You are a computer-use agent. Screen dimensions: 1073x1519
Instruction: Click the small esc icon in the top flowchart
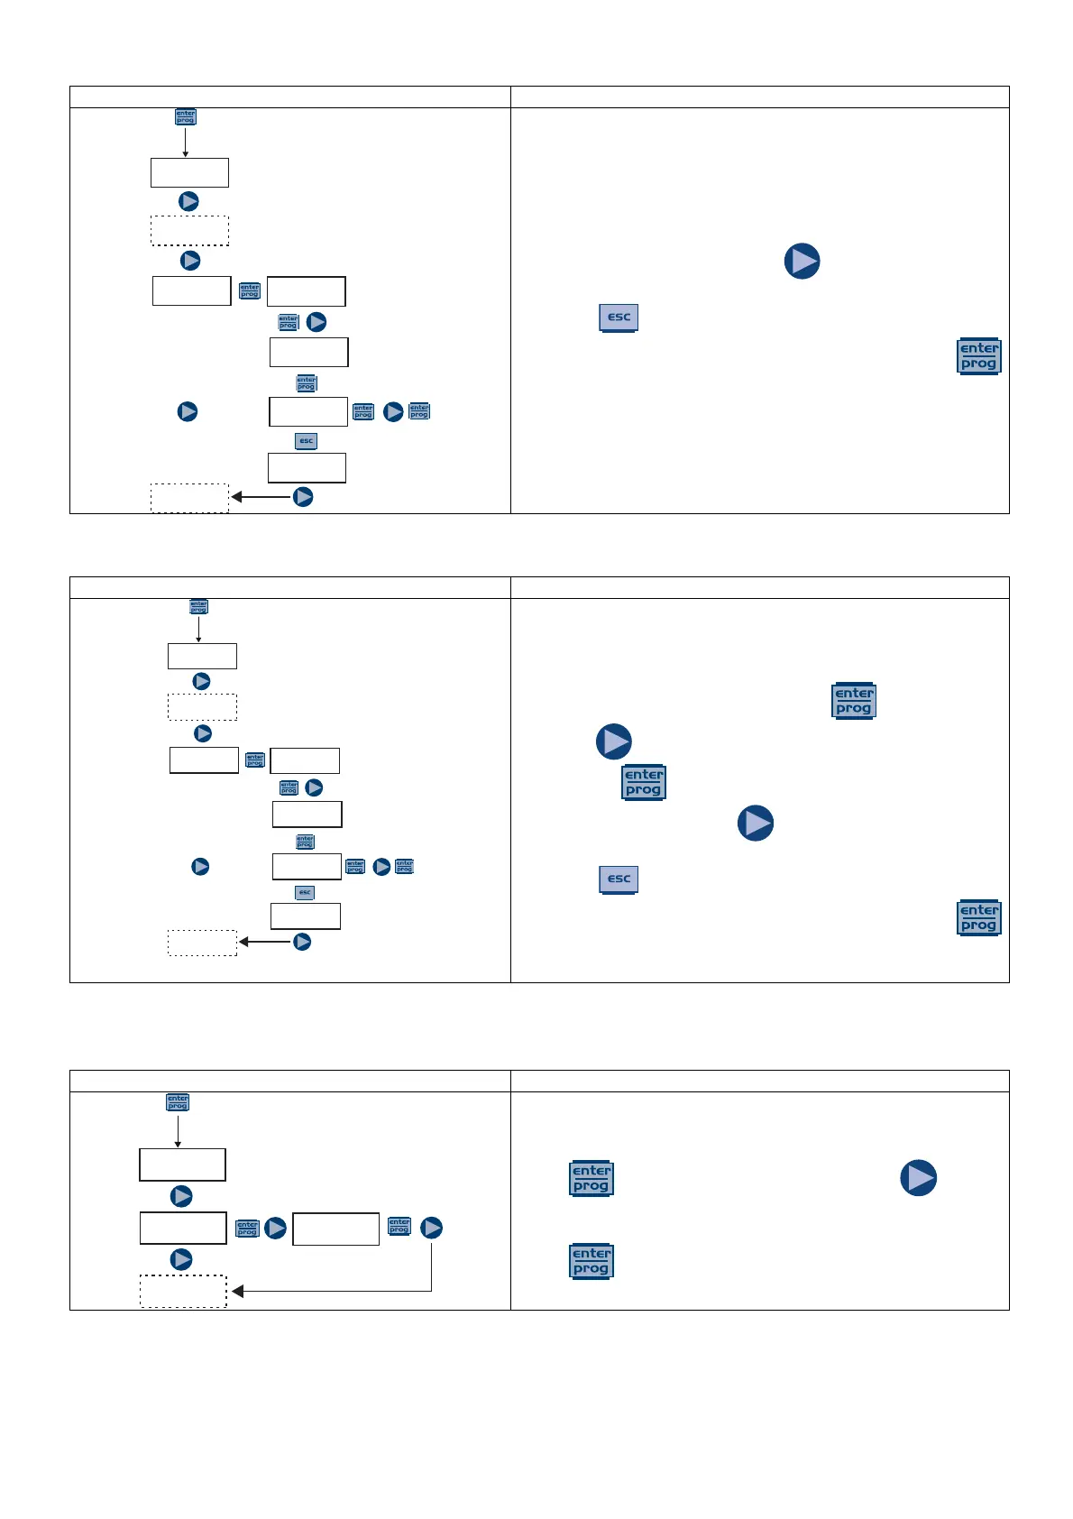click(307, 441)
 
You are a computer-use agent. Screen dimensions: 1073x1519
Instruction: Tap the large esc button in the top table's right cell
click(619, 318)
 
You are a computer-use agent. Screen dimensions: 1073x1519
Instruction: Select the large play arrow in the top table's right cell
click(802, 261)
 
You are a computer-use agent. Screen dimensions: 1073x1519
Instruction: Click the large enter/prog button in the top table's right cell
click(978, 356)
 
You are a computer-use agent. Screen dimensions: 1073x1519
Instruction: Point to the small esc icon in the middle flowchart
click(305, 892)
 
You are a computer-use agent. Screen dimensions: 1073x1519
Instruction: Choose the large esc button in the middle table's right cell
click(619, 879)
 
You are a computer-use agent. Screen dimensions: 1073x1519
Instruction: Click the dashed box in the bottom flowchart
click(183, 1291)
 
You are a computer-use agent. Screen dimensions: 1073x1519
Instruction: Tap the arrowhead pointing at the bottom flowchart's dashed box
click(238, 1291)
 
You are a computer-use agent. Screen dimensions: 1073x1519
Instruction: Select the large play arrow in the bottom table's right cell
click(919, 1178)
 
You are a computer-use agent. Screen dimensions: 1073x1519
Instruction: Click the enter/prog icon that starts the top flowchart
click(185, 117)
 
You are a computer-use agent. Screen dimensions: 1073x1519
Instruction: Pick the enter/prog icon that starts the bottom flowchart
click(178, 1102)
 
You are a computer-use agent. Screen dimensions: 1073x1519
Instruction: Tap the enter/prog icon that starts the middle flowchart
click(198, 607)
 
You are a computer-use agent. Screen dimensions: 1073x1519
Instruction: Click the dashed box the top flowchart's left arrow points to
click(189, 498)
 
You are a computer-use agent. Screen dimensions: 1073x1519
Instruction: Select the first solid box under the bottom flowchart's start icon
click(182, 1165)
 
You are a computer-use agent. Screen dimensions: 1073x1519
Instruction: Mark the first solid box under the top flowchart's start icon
click(189, 172)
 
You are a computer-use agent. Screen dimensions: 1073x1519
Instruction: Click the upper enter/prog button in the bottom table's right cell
click(592, 1178)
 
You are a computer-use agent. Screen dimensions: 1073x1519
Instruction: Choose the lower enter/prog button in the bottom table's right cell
click(592, 1261)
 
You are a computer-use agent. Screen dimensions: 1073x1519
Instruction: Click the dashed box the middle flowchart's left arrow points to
click(202, 943)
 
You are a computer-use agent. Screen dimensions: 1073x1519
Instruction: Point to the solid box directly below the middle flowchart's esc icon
click(306, 916)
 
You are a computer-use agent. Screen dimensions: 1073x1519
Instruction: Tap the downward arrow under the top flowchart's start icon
click(185, 143)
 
